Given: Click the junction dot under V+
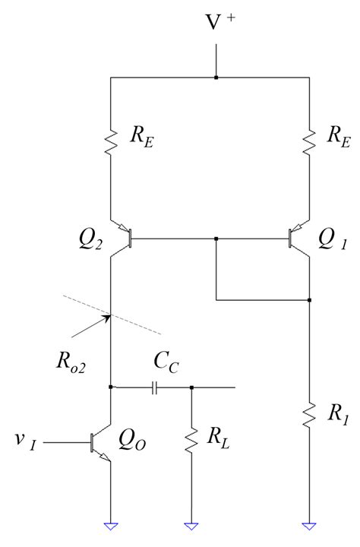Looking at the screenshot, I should click(x=216, y=77).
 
